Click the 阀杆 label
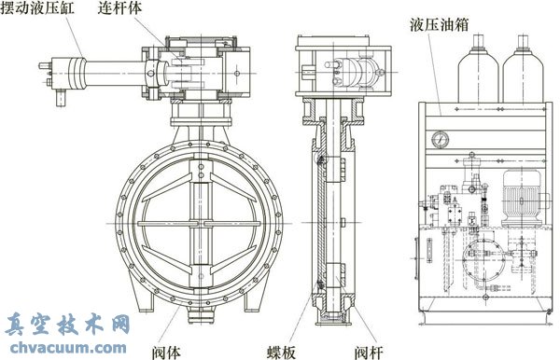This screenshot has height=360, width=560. pos(373,352)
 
